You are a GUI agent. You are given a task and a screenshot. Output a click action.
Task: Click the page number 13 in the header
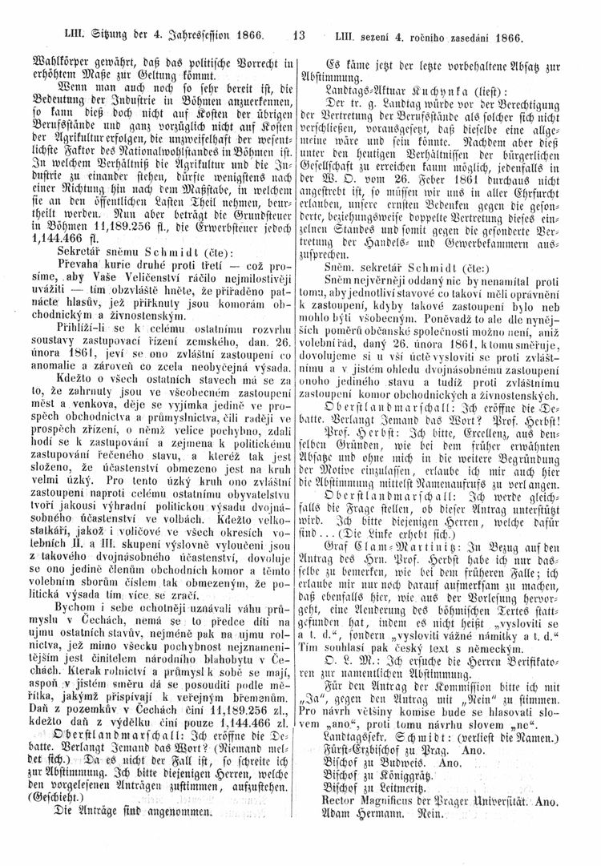pyautogui.click(x=300, y=36)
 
